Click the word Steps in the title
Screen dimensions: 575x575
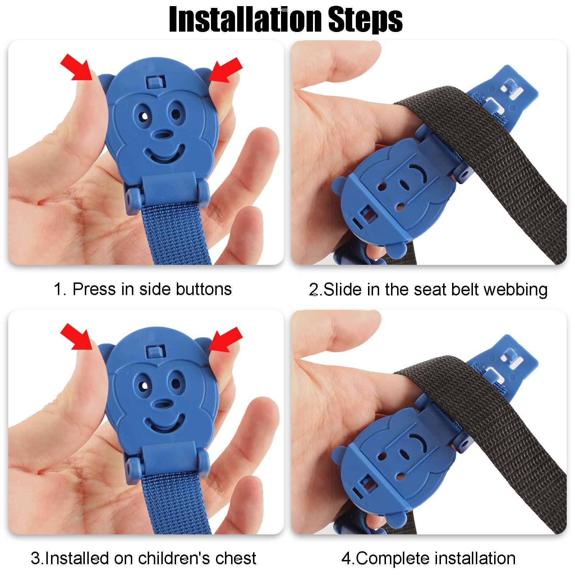click(365, 19)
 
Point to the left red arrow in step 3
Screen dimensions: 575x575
click(76, 336)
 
